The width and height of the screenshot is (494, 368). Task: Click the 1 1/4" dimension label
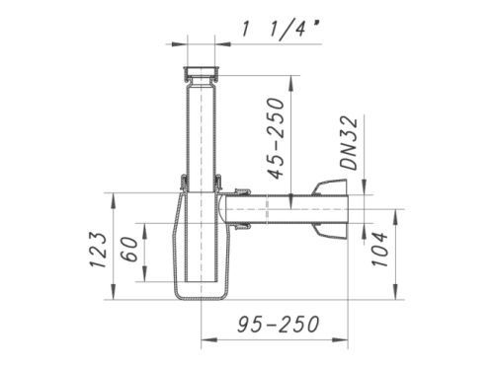click(x=282, y=30)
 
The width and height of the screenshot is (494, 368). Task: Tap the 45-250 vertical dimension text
click(x=275, y=138)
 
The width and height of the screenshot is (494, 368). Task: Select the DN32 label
click(x=349, y=142)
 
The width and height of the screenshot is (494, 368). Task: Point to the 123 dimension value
click(x=99, y=250)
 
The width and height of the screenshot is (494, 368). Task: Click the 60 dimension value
click(x=129, y=249)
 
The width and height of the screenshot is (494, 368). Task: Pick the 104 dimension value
click(x=379, y=250)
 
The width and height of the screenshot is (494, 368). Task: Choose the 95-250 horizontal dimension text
click(x=279, y=324)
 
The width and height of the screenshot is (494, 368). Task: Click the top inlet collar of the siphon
click(x=201, y=73)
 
